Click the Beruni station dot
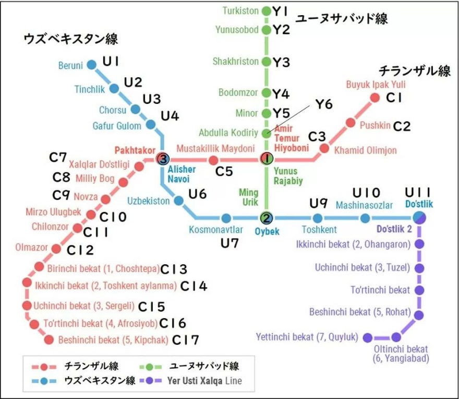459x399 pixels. click(91, 65)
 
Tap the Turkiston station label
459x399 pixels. click(240, 10)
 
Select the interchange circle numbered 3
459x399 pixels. click(163, 159)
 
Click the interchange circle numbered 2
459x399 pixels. click(267, 218)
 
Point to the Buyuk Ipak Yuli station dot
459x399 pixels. click(375, 97)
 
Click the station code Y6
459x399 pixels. click(323, 105)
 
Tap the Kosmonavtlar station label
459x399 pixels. click(216, 229)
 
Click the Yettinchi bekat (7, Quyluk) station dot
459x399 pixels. click(367, 337)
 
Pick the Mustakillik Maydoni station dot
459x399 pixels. click(213, 160)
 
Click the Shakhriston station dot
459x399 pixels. click(267, 62)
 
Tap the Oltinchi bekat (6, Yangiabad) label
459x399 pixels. click(401, 354)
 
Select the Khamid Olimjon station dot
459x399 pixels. click(324, 148)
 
